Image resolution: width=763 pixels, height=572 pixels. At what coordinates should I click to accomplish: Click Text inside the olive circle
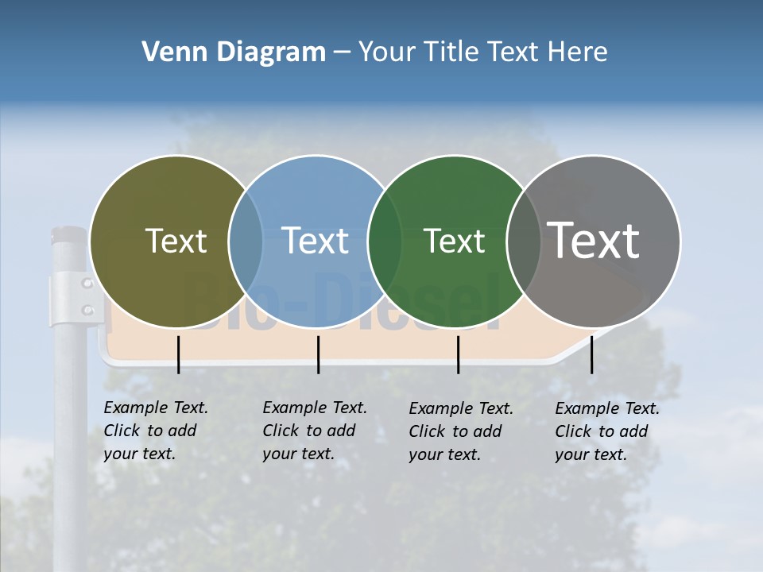click(x=176, y=241)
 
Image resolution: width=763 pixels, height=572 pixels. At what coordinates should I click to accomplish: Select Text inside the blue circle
click(x=316, y=241)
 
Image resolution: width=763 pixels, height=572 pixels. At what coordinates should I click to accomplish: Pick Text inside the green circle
click(x=455, y=241)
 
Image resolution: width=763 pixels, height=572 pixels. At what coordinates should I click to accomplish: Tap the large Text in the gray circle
click(x=594, y=240)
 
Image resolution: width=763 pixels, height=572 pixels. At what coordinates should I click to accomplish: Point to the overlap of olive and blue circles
click(x=246, y=241)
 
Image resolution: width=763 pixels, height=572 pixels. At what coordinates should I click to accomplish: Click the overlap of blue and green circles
click(x=385, y=241)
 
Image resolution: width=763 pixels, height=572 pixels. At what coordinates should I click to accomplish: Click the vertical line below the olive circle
click(x=178, y=354)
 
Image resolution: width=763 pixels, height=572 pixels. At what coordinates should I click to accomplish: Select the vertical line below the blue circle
click(x=318, y=354)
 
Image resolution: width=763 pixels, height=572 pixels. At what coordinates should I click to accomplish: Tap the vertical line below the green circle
click(x=458, y=354)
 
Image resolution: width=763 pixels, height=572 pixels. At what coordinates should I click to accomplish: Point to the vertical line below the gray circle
click(x=591, y=354)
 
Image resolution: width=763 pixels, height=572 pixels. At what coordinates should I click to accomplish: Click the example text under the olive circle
click(x=156, y=431)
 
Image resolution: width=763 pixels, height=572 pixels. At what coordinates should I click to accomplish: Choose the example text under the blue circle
click(x=315, y=431)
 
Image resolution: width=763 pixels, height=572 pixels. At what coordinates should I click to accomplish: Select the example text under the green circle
click(x=461, y=431)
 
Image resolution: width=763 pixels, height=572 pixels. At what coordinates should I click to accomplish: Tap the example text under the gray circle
click(x=607, y=431)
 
